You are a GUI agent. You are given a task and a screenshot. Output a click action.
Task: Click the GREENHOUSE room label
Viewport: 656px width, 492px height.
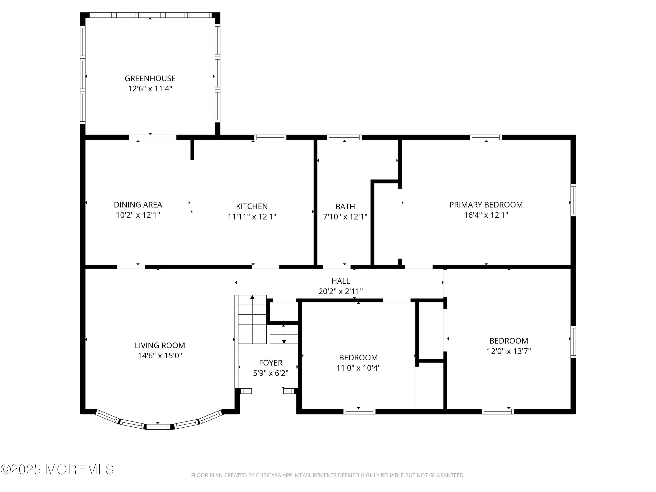tap(150, 78)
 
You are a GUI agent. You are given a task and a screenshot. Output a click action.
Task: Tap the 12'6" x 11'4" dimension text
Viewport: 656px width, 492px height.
tap(150, 89)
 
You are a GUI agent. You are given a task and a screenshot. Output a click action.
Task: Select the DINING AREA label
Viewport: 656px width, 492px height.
tap(138, 205)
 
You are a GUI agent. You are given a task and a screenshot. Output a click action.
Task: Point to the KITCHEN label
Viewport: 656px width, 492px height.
tap(252, 206)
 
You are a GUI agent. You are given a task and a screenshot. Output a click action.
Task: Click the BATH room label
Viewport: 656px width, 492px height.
tap(345, 206)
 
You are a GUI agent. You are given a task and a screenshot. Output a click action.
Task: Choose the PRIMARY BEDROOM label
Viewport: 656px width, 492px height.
tap(486, 205)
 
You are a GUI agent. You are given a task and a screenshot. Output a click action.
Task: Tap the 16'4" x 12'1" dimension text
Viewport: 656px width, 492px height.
tap(486, 215)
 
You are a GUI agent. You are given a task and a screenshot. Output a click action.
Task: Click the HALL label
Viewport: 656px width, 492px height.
tap(341, 281)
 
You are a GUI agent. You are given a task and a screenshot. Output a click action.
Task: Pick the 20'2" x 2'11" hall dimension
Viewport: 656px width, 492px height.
tap(341, 291)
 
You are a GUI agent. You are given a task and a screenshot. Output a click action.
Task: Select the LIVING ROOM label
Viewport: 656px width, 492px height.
tap(160, 345)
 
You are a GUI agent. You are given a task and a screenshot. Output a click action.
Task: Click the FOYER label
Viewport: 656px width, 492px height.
tap(271, 363)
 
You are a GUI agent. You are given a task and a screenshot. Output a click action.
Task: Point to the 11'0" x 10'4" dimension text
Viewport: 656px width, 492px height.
tap(359, 368)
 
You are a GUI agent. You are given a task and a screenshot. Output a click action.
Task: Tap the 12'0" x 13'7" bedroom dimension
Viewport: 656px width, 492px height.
tap(509, 351)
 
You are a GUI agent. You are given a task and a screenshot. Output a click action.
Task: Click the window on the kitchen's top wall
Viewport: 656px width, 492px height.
tap(270, 137)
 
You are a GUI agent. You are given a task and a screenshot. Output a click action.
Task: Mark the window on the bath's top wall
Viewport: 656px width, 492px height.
tap(344, 137)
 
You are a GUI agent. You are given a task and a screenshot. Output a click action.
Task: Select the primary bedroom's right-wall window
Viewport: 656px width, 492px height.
tap(574, 200)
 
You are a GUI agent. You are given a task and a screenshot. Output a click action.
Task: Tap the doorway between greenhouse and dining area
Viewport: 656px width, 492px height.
tap(153, 137)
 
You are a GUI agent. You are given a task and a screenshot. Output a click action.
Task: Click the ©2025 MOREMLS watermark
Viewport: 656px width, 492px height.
tap(57, 469)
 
